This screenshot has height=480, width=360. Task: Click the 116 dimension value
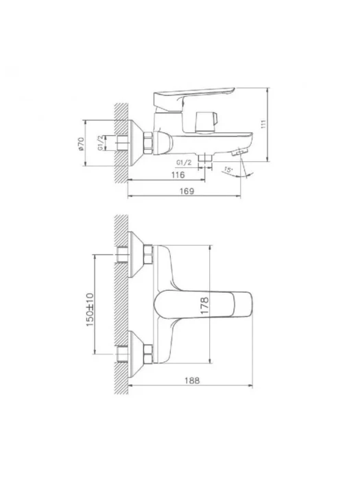178,175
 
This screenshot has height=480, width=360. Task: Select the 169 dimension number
187,191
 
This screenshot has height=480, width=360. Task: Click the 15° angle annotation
228,169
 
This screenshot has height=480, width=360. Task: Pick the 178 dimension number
204,305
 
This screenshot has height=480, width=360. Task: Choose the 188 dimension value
192,381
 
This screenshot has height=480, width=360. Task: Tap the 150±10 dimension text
90,309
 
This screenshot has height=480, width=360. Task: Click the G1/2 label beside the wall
100,143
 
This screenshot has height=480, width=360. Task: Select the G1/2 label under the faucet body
184,163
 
